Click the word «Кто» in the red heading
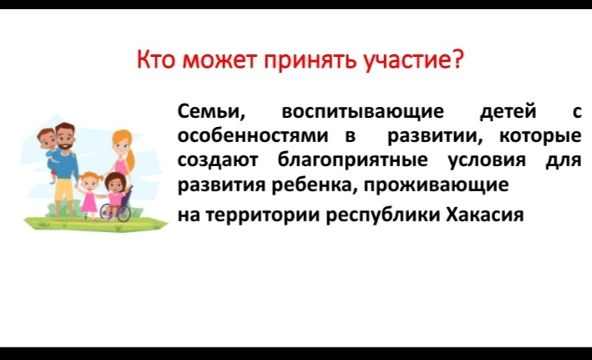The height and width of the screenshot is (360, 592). tap(155, 59)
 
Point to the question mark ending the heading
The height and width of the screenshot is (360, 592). tap(457, 59)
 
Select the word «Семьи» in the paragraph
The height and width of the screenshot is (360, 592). tap(211, 111)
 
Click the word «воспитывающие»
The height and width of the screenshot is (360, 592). tap(363, 112)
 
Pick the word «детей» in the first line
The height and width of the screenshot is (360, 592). tap(508, 112)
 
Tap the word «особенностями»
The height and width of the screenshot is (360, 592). tap(253, 135)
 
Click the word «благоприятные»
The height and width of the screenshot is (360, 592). tap(353, 160)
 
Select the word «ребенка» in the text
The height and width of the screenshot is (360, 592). tap(315, 185)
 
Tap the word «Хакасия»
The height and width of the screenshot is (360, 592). tap(485, 215)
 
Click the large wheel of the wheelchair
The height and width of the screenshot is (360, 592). tap(124, 213)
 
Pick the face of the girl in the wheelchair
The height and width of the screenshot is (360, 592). tap(114, 184)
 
